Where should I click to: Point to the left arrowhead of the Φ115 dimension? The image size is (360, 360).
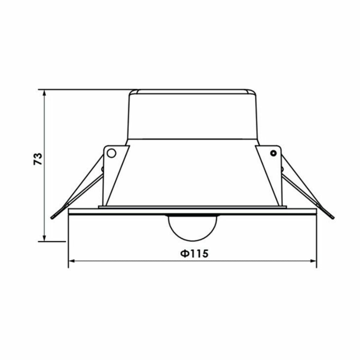72,261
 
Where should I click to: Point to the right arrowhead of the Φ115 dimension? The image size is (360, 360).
313,261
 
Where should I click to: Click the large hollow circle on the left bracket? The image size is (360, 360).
111,153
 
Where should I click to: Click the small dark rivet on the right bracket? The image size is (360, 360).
273,153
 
